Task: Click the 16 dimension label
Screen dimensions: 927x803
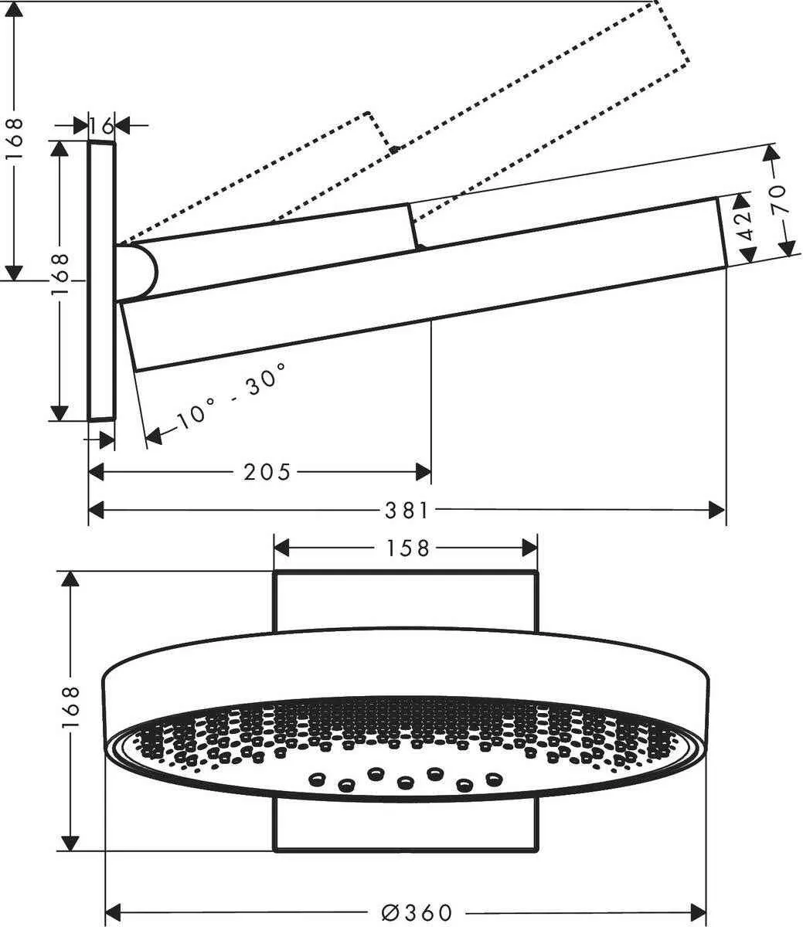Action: pyautogui.click(x=100, y=125)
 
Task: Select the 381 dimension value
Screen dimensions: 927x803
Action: pyautogui.click(x=407, y=510)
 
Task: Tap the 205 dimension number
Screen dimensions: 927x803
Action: pyautogui.click(x=267, y=471)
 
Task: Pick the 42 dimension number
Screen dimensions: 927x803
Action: pyautogui.click(x=743, y=229)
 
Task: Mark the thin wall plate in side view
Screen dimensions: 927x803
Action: pyautogui.click(x=101, y=281)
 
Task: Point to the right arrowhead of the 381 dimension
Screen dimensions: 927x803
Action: pyautogui.click(x=718, y=510)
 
